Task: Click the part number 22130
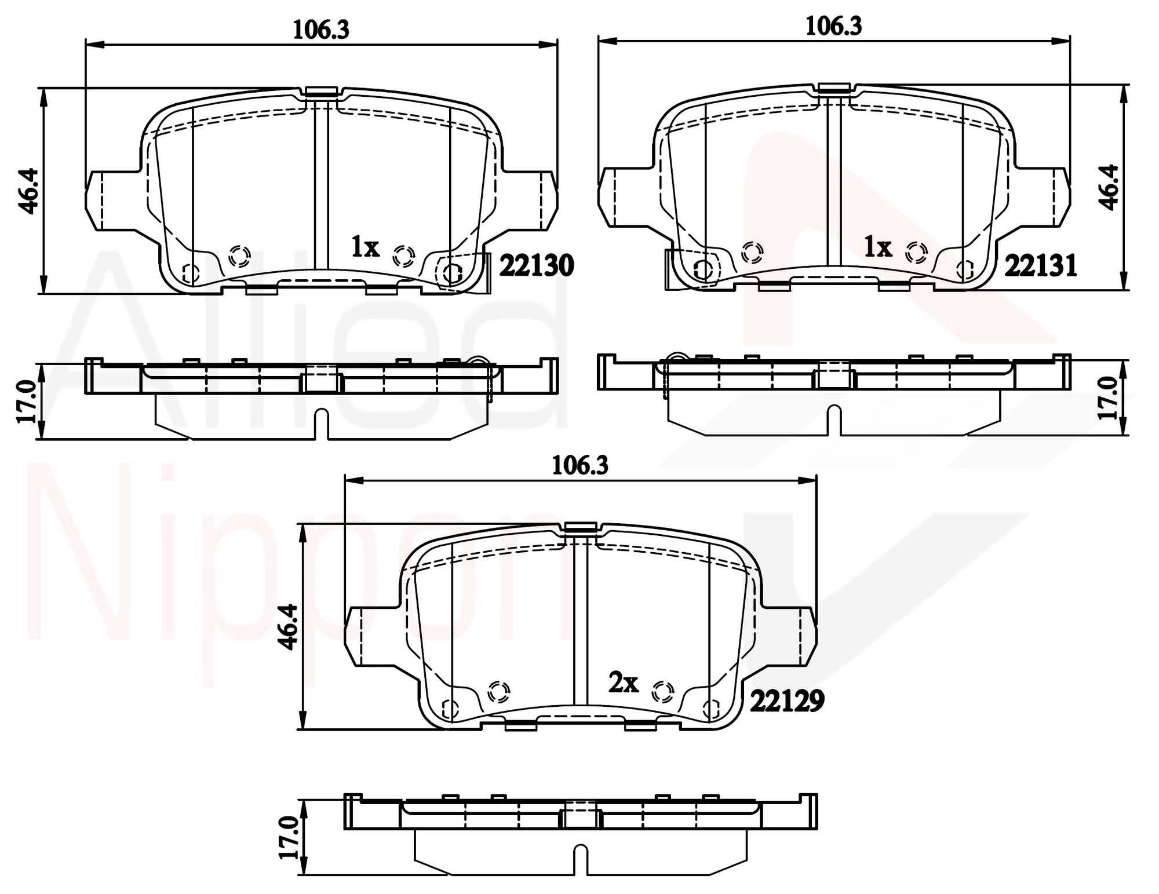click(x=536, y=266)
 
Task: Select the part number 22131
click(x=1041, y=266)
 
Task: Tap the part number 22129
click(x=787, y=702)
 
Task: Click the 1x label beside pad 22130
click(x=365, y=247)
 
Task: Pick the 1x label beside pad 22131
click(x=877, y=247)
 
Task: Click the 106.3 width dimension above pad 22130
click(x=321, y=29)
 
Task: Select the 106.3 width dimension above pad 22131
click(x=834, y=26)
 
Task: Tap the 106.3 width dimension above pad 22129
click(x=580, y=465)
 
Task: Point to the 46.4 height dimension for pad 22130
click(x=28, y=191)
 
